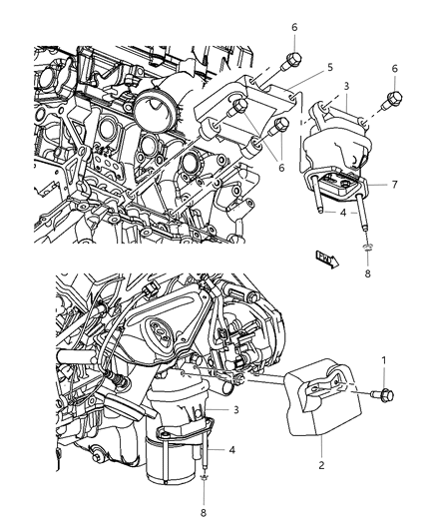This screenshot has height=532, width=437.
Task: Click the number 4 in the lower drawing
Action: tap(232, 449)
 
